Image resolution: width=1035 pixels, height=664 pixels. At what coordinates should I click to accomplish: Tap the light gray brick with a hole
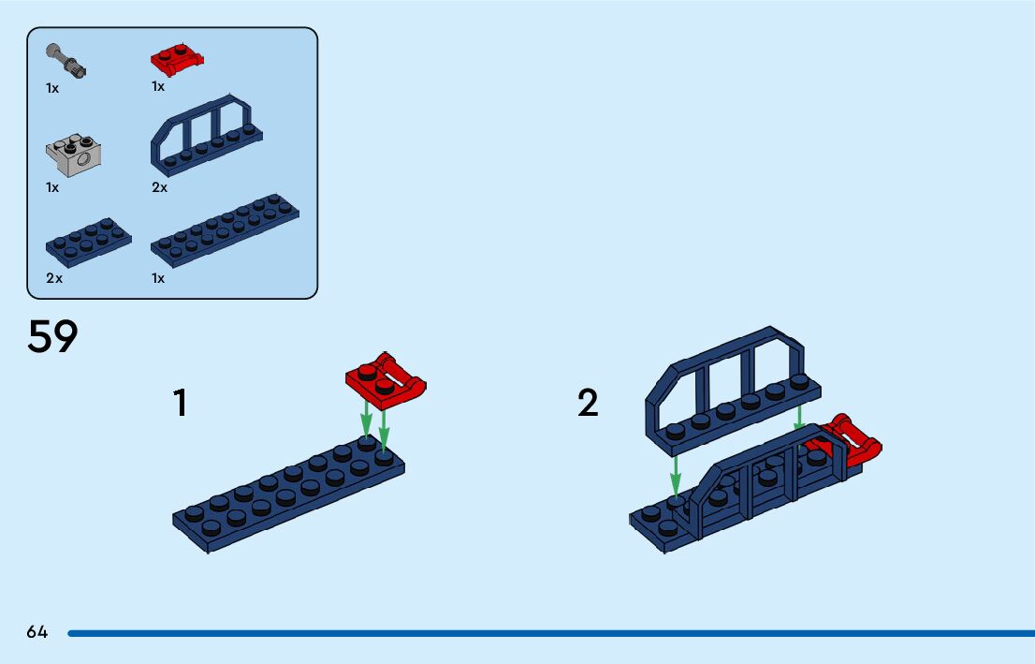point(73,155)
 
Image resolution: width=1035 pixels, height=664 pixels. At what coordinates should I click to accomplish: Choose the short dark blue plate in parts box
point(88,241)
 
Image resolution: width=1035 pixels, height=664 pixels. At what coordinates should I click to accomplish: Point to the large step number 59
point(52,337)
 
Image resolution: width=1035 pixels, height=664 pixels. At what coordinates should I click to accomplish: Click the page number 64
point(37,632)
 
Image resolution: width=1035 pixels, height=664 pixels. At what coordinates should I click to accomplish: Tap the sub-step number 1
point(180,404)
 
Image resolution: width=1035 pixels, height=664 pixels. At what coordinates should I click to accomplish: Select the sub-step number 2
point(588,404)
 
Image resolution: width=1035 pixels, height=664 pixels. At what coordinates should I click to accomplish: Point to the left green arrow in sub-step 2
point(675,473)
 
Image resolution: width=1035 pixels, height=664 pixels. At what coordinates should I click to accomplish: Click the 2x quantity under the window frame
point(159,187)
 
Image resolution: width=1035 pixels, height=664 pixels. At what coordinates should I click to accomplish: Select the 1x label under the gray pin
point(52,88)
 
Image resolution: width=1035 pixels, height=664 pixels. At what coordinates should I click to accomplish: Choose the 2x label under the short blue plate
point(54,278)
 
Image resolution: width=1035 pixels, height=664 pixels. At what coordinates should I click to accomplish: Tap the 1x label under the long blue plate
point(158,278)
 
